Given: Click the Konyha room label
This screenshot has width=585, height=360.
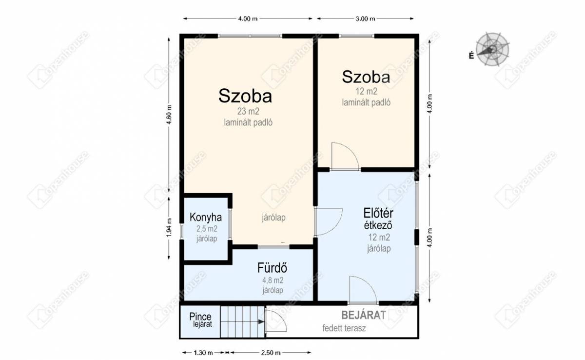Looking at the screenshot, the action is point(206,217).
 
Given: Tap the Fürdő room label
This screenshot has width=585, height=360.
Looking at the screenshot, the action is point(272,267).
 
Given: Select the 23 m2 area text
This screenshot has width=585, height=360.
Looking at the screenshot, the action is point(248,111).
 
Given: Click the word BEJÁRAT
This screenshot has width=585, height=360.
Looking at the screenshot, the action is point(364,315).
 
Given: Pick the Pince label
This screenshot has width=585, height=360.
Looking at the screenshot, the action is point(200,317).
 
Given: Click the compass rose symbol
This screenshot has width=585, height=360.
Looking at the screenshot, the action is point(492,49).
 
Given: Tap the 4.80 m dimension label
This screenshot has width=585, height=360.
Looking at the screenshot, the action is point(169,115).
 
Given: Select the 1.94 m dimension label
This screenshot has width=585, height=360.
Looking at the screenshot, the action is point(169,228).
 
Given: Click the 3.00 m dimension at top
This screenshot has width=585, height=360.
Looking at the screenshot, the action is point(365,19).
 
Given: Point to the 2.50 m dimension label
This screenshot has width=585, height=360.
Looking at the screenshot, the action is point(271,353).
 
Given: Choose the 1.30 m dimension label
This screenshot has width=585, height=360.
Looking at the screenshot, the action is point(203,353).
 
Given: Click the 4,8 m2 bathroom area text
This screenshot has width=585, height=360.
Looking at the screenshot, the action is point(273,280).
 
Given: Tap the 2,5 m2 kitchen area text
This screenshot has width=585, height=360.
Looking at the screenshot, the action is point(207,229).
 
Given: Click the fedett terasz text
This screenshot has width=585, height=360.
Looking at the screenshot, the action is point(344,328).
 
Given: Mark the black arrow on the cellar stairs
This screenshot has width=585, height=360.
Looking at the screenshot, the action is point(261,321).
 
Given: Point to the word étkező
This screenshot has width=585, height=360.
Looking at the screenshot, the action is point(378,225).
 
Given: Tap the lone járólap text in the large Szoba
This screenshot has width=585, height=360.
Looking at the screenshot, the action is point(273,218).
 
